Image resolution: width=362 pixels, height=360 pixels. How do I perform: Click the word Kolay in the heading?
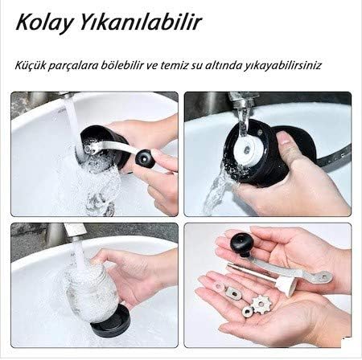[44, 22]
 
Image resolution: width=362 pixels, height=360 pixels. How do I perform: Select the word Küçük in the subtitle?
[30, 65]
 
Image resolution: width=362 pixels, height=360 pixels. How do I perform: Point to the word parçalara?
[73, 66]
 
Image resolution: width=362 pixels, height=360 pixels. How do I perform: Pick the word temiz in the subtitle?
[174, 65]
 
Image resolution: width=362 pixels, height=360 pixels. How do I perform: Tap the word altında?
[223, 65]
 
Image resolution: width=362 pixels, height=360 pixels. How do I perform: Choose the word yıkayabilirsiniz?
[282, 66]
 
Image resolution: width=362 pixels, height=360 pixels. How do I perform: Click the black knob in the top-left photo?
[145, 158]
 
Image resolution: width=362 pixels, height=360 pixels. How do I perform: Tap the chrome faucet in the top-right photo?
[241, 102]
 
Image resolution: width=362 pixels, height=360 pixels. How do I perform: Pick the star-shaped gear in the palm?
[261, 304]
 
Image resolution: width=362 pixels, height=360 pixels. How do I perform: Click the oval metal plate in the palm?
[232, 292]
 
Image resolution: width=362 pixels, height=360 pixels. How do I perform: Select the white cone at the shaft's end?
[285, 284]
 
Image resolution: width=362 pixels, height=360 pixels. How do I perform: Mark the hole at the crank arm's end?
[324, 276]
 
